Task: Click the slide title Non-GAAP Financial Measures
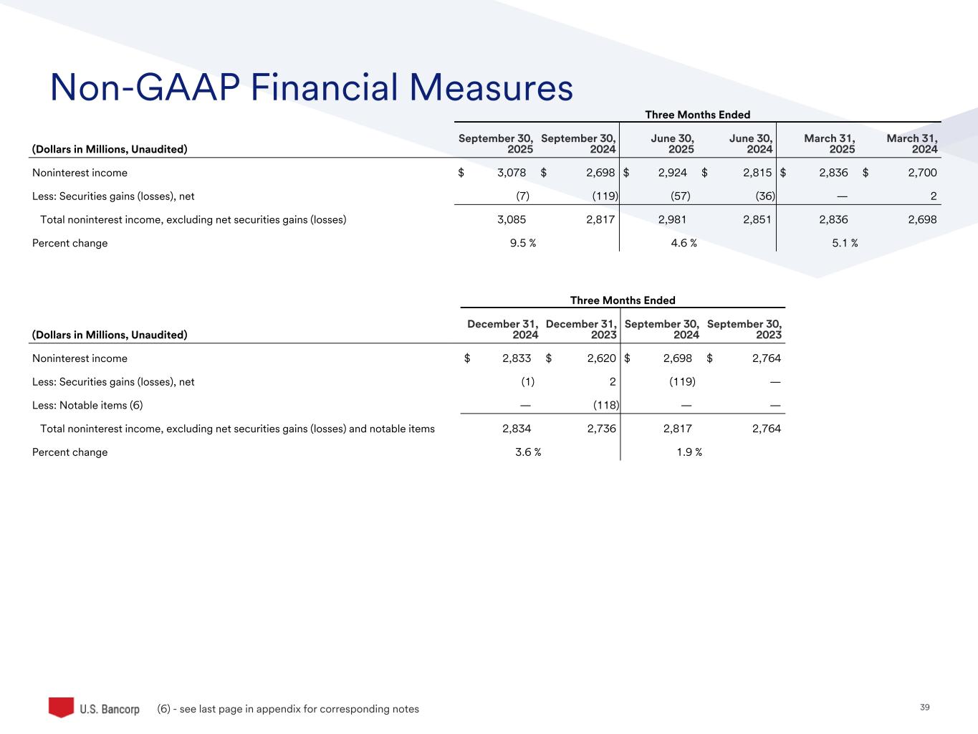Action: coord(312,88)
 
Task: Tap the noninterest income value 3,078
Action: coord(512,173)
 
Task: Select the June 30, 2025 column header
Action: coord(672,143)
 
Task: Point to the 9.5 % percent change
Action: coord(523,243)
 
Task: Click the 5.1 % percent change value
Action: coord(845,243)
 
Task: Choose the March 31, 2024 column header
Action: coord(911,143)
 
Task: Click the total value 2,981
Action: coord(672,219)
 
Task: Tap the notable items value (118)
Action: coord(605,405)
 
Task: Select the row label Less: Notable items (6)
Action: coord(87,405)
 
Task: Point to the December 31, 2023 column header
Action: coord(580,329)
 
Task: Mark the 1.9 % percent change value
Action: coord(689,452)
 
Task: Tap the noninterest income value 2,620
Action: coord(601,358)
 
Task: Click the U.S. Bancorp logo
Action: coord(94,708)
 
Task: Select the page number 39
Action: coord(924,707)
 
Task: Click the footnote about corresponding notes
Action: coord(287,709)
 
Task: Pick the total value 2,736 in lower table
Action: coord(600,429)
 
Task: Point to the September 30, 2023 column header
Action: coord(744,329)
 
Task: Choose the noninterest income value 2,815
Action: coord(757,173)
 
